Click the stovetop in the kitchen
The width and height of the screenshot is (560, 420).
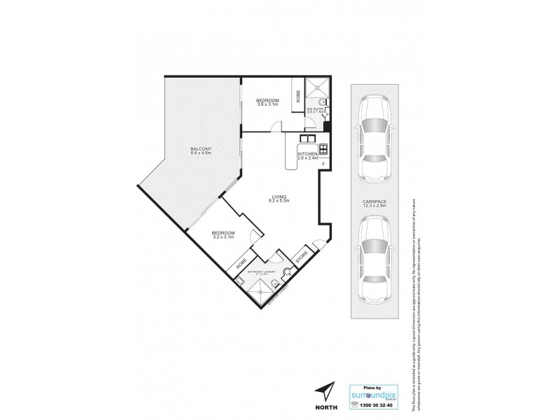click(x=323, y=148)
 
